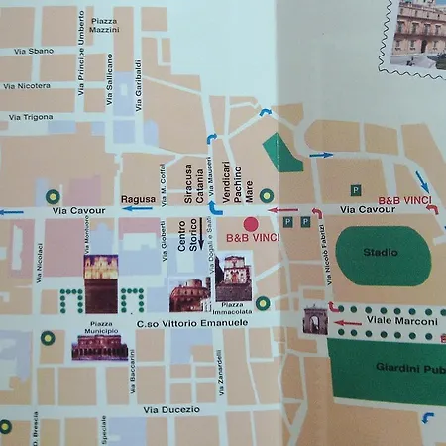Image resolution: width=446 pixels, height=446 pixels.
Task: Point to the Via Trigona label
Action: coord(31,117)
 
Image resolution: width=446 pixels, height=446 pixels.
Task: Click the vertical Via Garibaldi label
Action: coord(138,78)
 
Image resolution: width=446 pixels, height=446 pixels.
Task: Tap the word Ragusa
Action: coord(138,199)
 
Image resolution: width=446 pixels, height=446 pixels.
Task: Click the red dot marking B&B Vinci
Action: coord(251,223)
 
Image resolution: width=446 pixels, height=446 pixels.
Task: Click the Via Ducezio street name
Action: coord(170,409)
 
